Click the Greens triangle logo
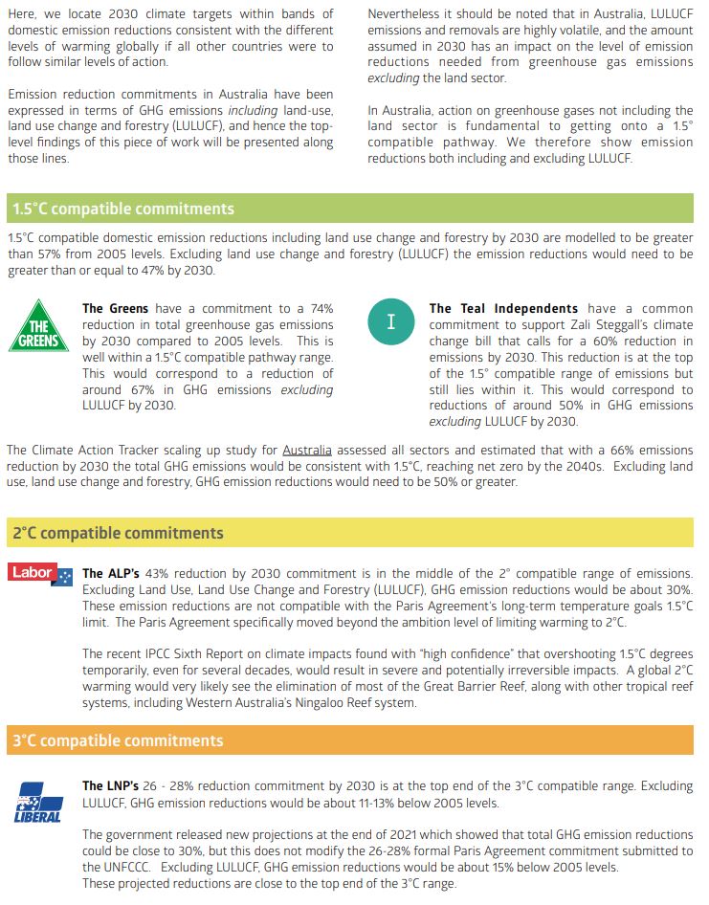pyautogui.click(x=39, y=327)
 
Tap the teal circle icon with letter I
pyautogui.click(x=390, y=323)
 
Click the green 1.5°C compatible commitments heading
pyautogui.click(x=122, y=209)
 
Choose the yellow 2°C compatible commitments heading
pyautogui.click(x=118, y=533)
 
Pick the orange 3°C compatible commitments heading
pyautogui.click(x=118, y=740)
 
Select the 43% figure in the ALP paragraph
pyautogui.click(x=160, y=573)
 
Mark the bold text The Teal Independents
pyautogui.click(x=503, y=308)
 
